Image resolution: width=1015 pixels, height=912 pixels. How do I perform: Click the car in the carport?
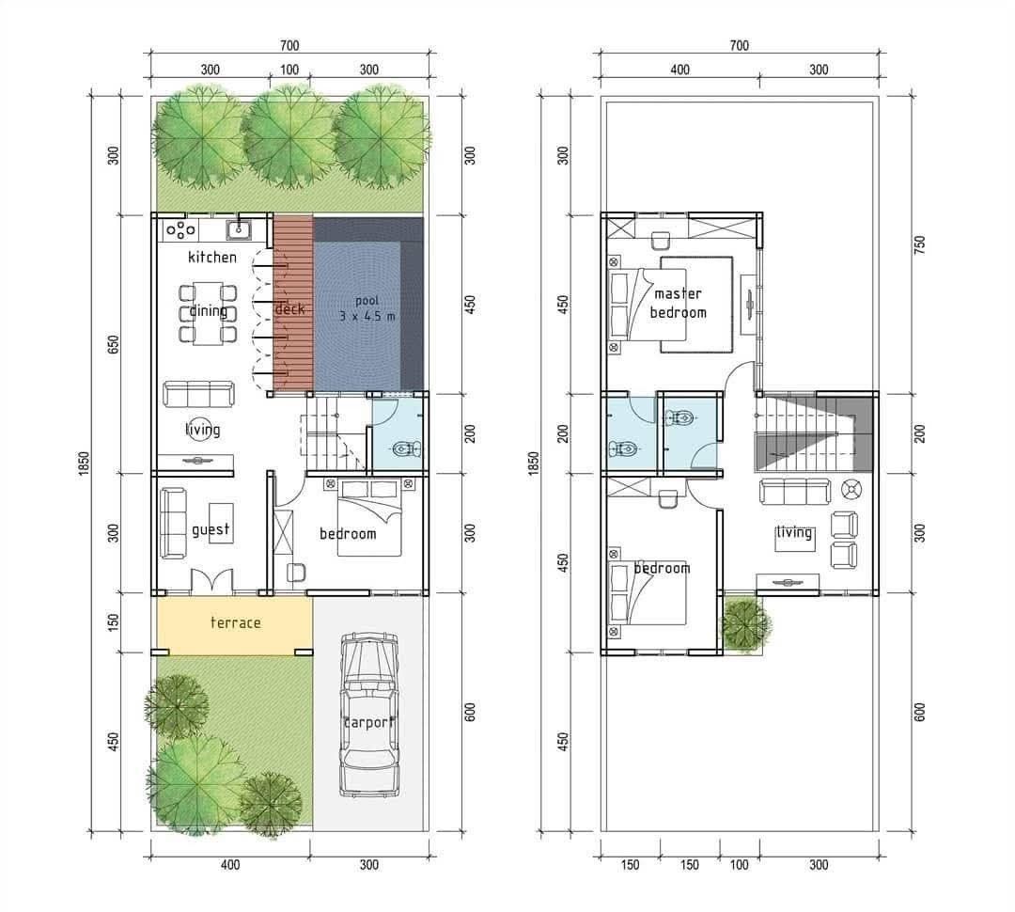pos(369,715)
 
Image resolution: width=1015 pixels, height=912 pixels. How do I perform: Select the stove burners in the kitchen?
pos(180,229)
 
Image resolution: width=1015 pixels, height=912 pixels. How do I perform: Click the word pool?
pos(367,301)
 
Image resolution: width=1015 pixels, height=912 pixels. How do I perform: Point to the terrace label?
pos(236,622)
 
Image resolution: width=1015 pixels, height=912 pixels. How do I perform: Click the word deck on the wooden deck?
pos(289,309)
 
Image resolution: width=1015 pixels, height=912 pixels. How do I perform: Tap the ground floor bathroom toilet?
pos(408,448)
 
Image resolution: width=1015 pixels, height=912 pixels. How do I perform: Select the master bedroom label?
pos(678,303)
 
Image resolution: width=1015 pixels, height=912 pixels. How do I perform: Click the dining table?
pos(207,313)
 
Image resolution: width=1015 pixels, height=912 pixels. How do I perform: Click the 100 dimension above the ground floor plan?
pos(289,70)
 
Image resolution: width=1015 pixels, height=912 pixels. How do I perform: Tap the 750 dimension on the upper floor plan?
pos(919,244)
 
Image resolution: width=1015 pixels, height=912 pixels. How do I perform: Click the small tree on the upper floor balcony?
pos(745,623)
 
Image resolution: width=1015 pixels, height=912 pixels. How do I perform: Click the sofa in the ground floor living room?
pos(198,394)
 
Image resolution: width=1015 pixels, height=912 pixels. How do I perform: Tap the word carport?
pos(368,722)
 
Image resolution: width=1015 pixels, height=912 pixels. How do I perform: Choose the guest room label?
pos(211,530)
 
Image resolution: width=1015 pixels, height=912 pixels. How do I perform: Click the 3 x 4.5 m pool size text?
pos(367,317)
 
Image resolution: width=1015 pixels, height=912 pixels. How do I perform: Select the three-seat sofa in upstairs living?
pos(794,491)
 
